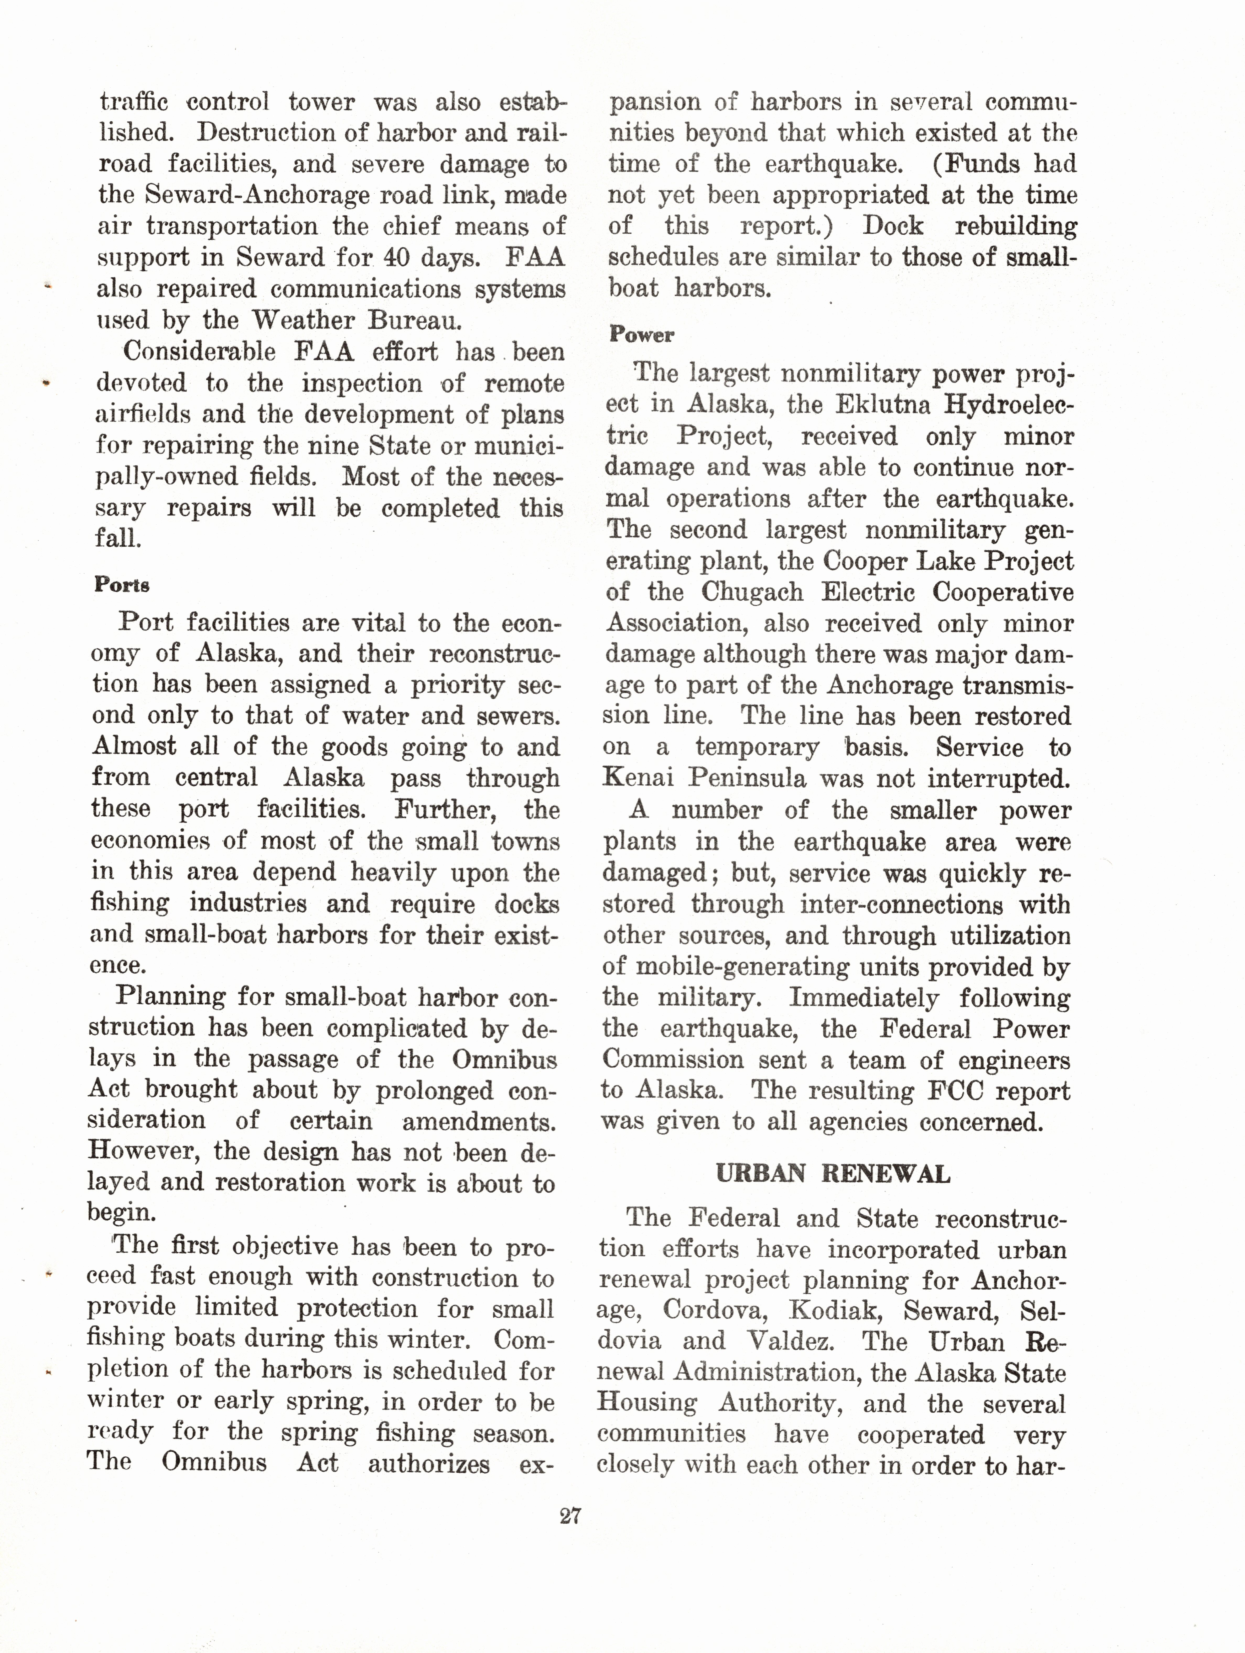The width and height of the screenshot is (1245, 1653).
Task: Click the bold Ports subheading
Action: [122, 584]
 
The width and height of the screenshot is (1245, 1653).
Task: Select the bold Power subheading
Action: [641, 335]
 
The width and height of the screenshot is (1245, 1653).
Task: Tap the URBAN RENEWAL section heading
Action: [833, 1174]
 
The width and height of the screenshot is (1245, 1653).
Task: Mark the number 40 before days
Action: [396, 258]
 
